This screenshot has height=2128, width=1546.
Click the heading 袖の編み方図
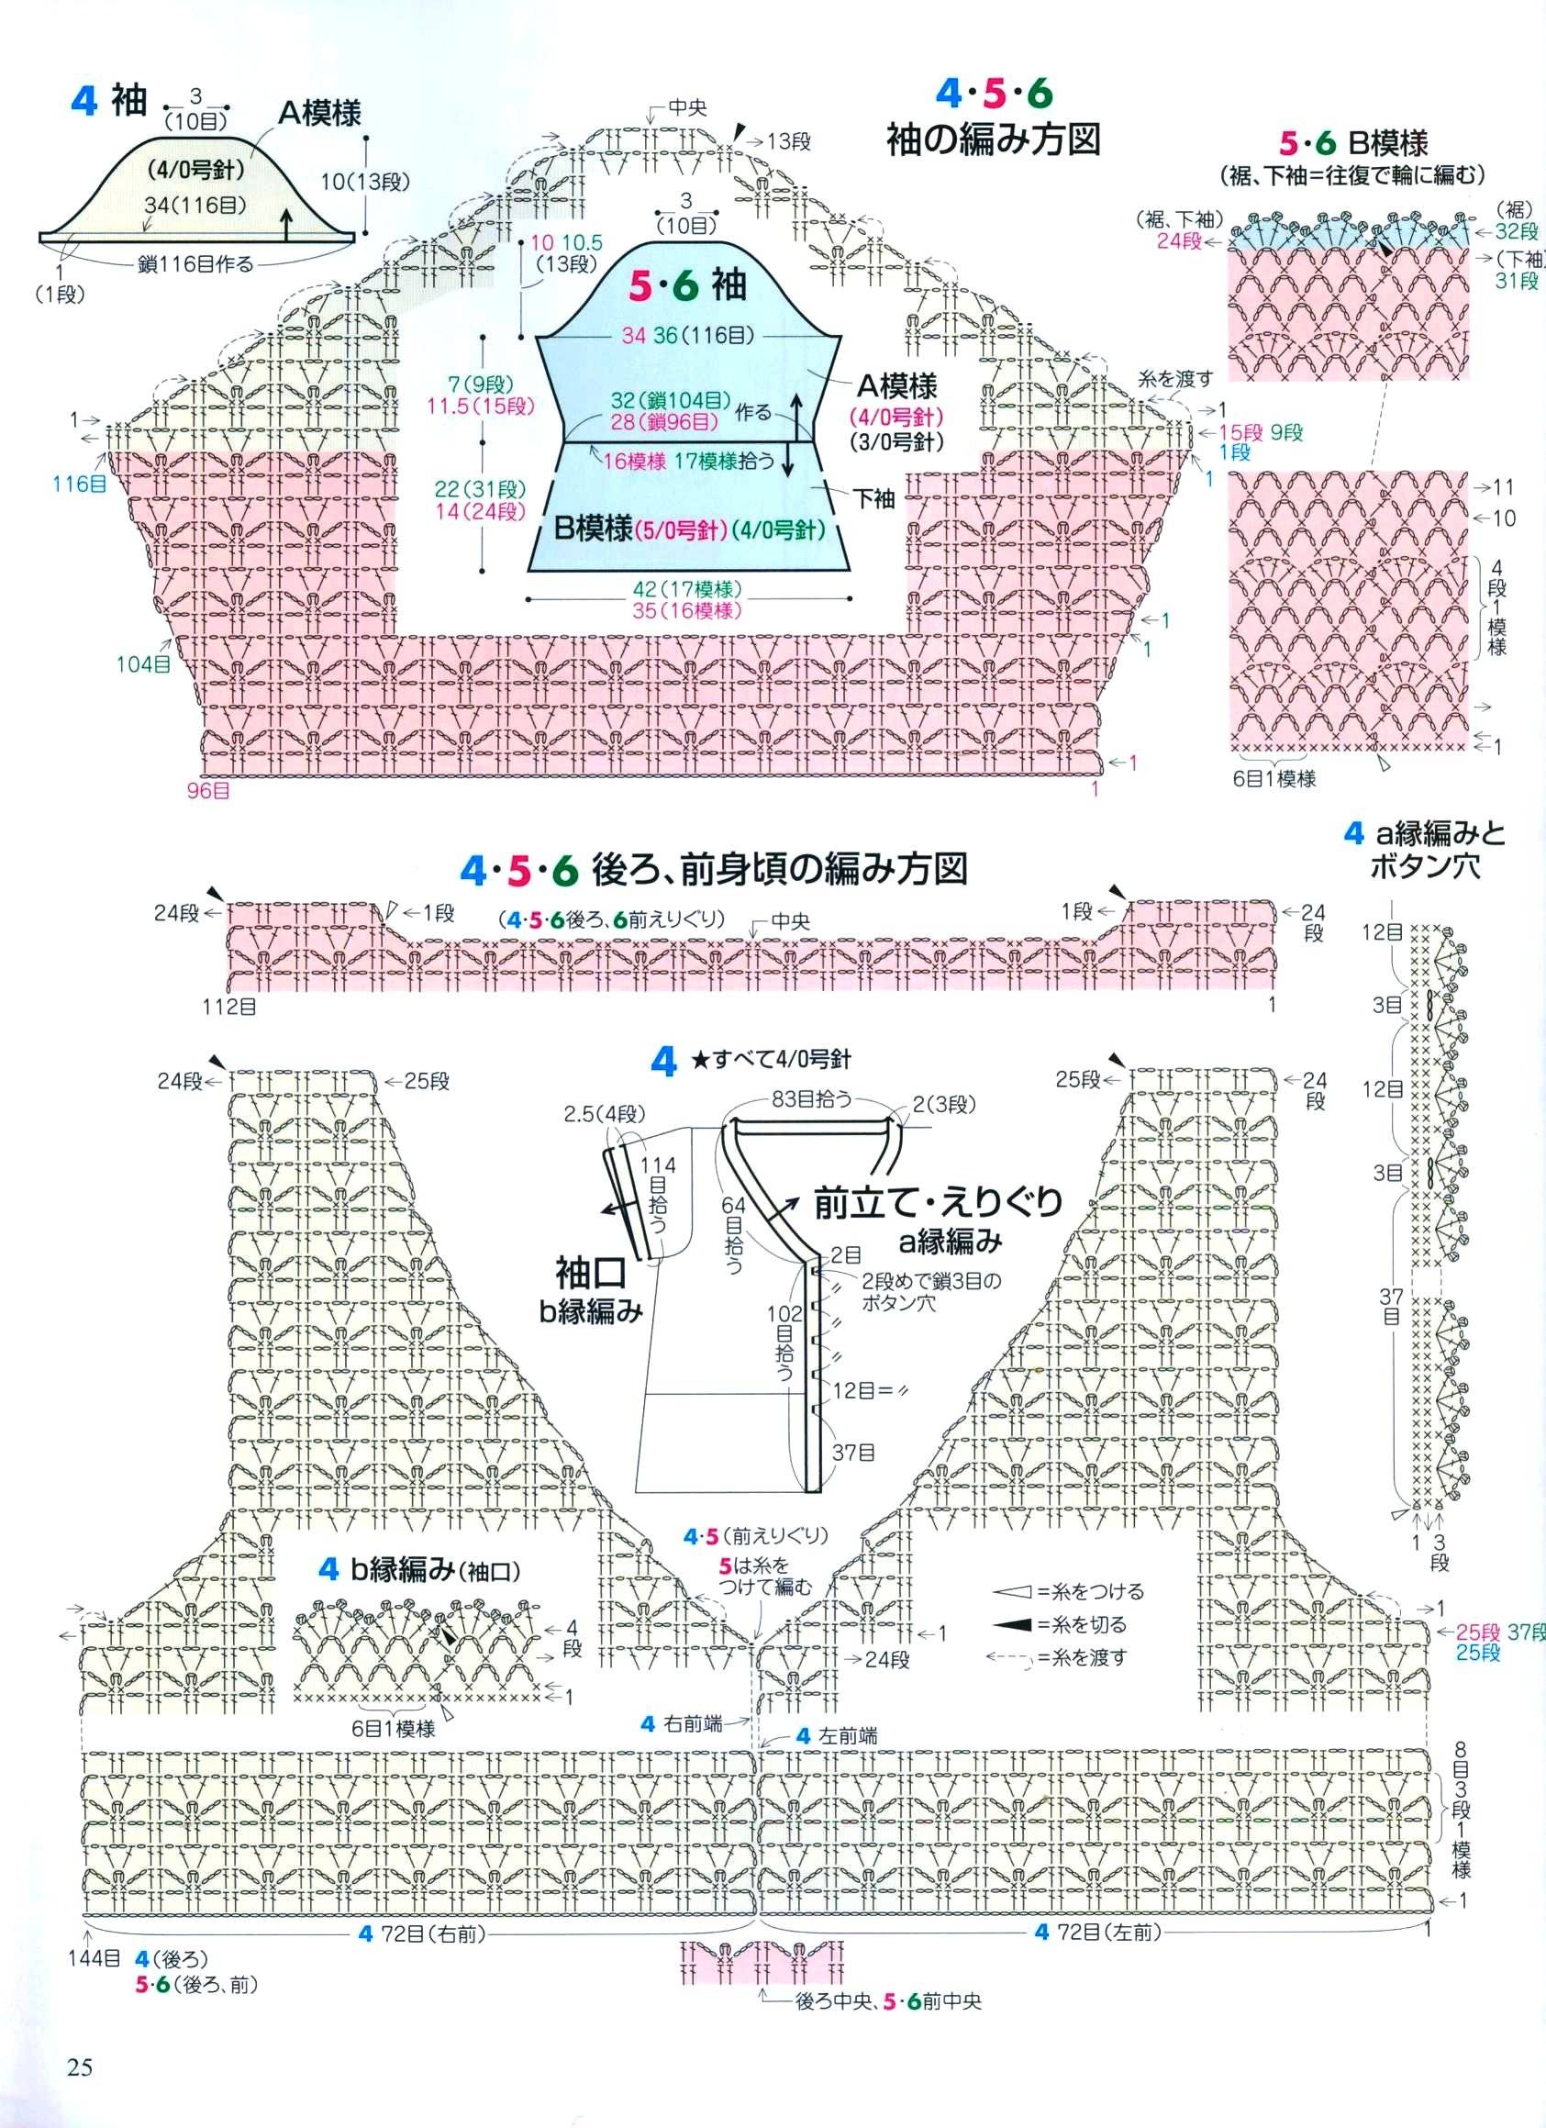994,139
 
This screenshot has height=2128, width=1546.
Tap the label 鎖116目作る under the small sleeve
196,264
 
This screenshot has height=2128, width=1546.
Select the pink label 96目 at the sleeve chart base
209,790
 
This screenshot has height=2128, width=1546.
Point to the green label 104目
143,664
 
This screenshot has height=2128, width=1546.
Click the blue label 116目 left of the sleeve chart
80,485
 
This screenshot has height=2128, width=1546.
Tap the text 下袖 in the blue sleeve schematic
873,498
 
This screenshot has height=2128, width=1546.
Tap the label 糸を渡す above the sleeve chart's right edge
1175,378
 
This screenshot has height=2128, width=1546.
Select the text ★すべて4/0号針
771,1060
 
